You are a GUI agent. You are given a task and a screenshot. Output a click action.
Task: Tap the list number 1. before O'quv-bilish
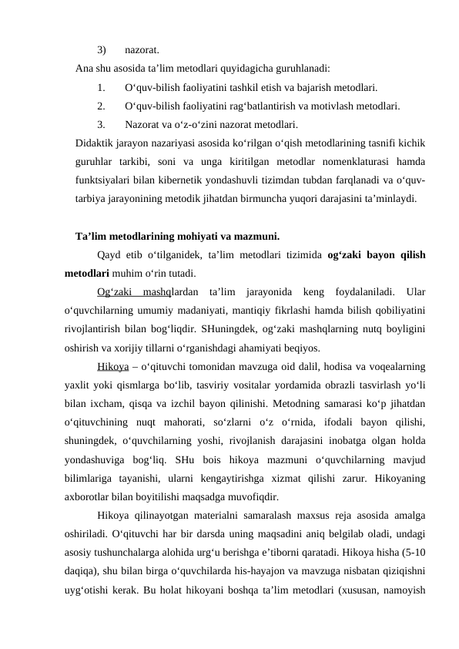point(102,87)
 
